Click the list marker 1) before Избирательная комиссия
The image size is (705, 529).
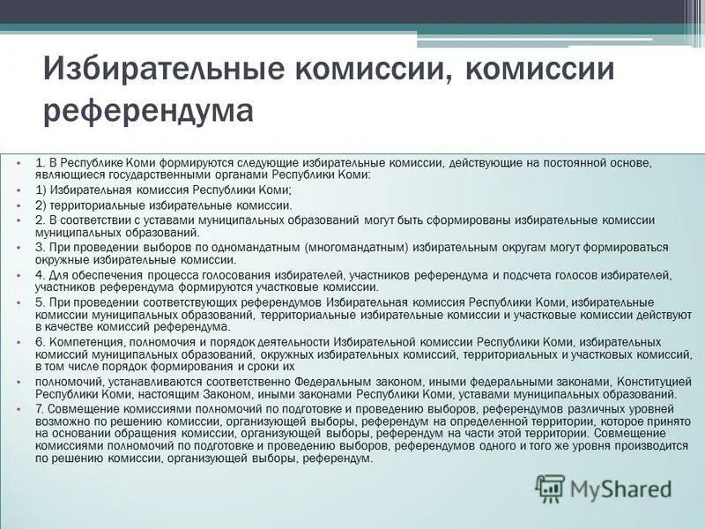[x=41, y=190]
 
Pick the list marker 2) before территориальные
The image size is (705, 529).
[x=41, y=205]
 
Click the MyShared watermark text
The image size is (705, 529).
[x=620, y=488]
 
